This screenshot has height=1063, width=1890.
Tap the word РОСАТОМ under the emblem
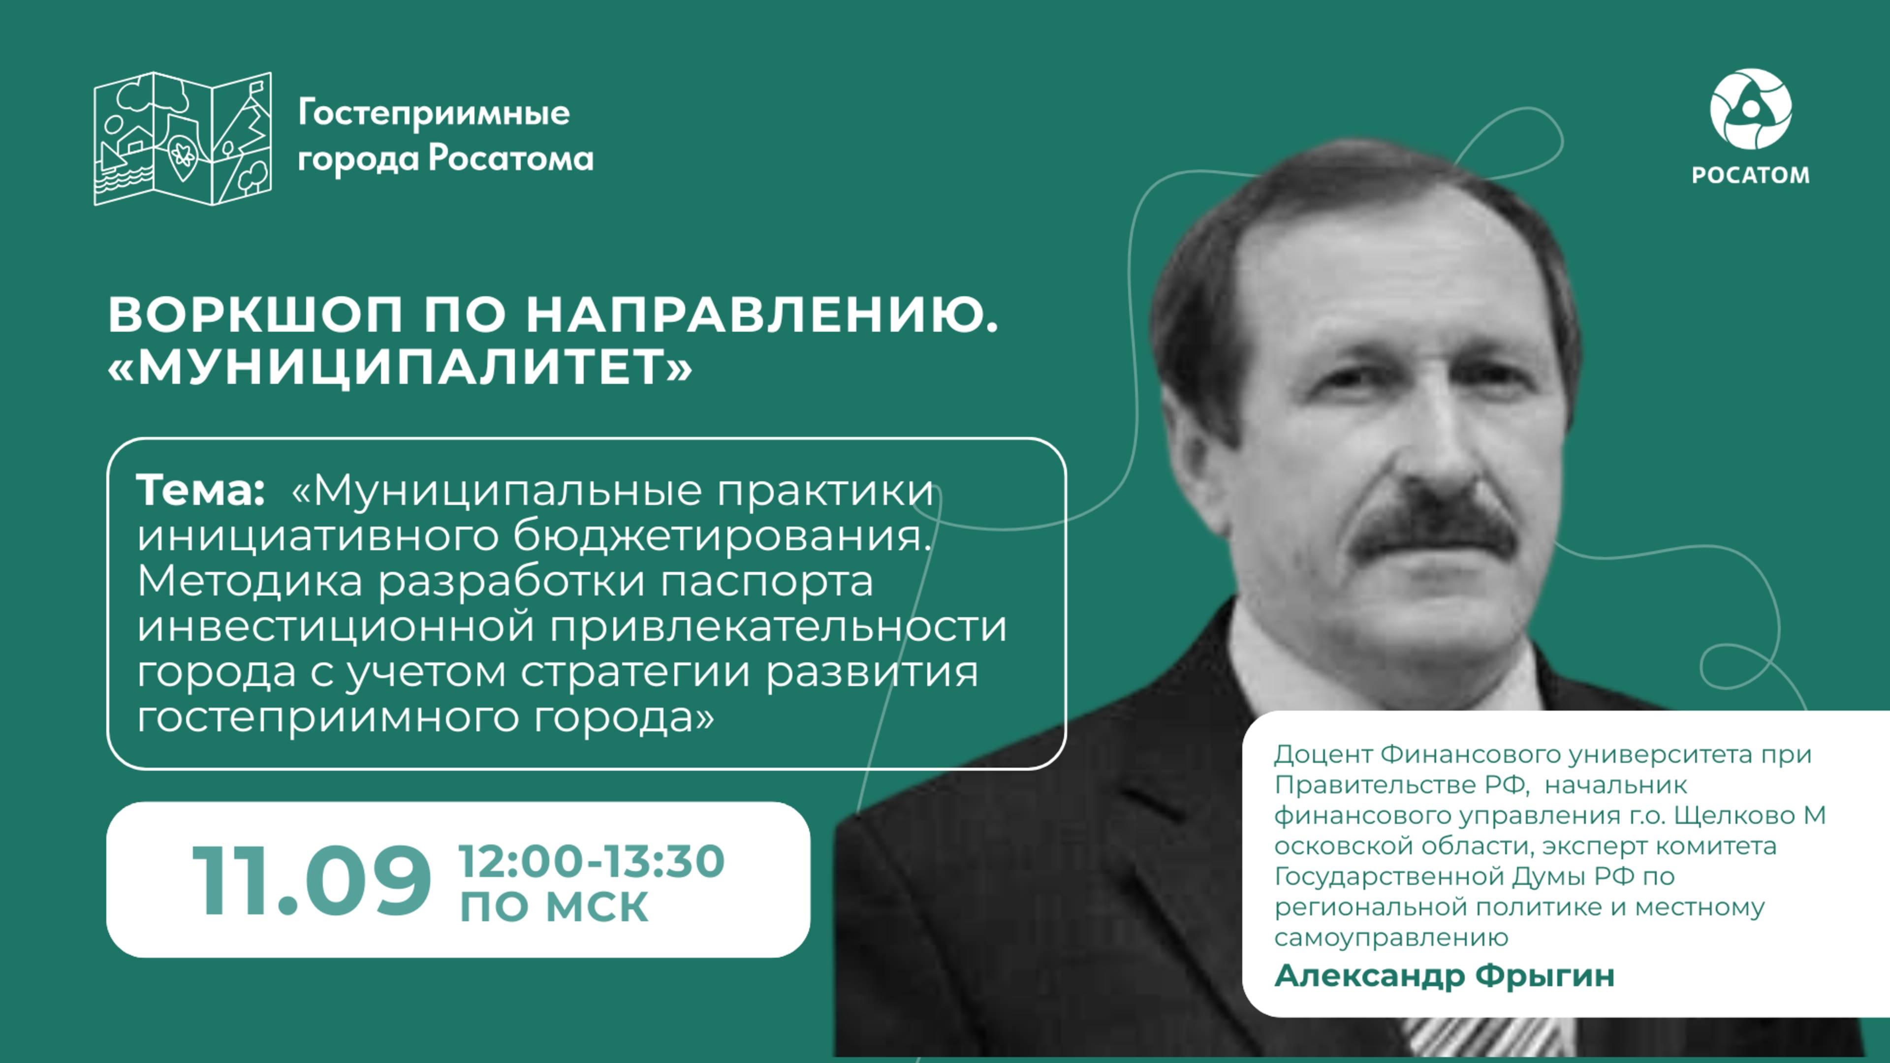1751,175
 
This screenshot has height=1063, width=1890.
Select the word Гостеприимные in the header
434,114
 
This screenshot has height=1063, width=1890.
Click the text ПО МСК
554,907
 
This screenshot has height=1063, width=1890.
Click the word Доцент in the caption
1323,753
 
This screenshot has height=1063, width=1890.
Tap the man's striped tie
1489,1038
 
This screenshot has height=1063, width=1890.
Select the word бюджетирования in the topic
721,536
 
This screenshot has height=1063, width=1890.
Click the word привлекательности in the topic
778,627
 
